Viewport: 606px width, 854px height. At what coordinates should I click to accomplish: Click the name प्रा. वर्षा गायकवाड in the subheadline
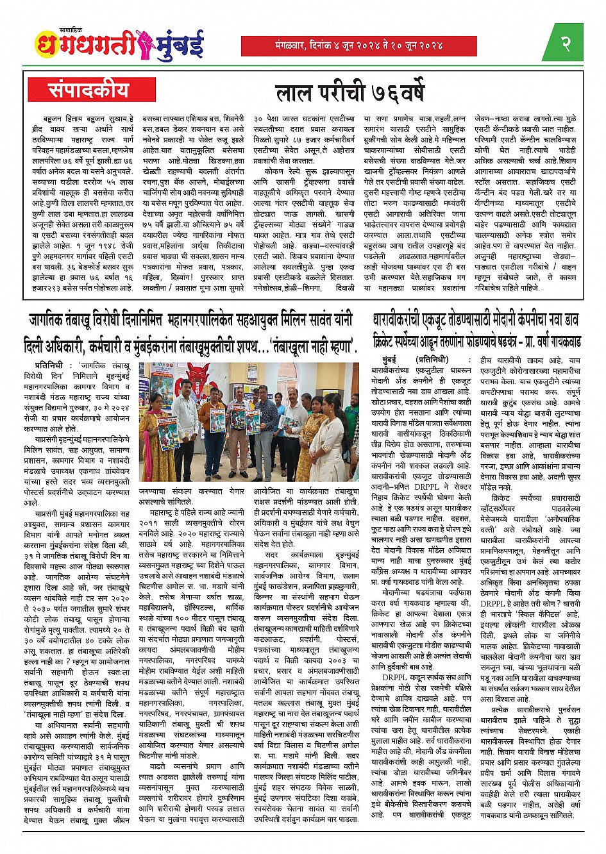550,340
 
